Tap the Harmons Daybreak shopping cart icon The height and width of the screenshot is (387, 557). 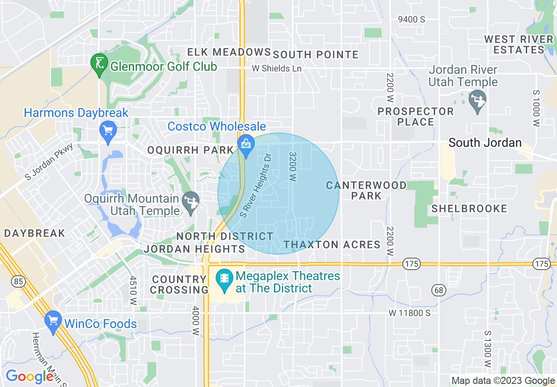tap(108, 131)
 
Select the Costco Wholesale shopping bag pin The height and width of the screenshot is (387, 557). tap(246, 144)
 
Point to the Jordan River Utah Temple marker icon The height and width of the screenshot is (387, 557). tap(477, 100)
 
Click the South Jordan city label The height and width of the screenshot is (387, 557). tap(485, 142)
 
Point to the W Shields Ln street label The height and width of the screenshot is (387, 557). tap(277, 69)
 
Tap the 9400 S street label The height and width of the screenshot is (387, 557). tap(412, 19)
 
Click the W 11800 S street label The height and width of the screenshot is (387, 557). tap(409, 313)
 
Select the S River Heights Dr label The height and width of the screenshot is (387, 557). tap(257, 185)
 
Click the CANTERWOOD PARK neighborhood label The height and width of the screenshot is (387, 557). tap(366, 190)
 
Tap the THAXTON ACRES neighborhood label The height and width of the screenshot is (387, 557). tap(332, 245)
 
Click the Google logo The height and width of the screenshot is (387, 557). tap(29, 376)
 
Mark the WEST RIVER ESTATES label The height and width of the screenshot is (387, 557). tap(519, 44)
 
